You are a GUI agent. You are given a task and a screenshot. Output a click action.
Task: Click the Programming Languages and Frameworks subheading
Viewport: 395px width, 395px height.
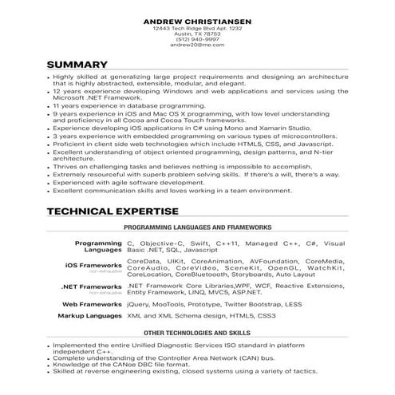point(198,228)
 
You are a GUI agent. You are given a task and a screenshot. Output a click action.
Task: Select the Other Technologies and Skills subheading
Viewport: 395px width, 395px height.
point(198,331)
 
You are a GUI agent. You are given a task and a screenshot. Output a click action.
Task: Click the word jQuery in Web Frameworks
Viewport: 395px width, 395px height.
point(139,304)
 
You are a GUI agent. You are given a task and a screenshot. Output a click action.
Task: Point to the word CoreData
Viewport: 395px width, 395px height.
point(143,261)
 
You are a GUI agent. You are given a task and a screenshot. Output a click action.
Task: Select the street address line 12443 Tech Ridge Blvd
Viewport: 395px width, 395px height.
point(197,28)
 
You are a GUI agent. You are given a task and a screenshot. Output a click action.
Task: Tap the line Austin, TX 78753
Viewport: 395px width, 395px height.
point(197,34)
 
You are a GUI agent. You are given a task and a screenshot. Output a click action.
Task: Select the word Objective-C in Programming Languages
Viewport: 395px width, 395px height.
point(164,242)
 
